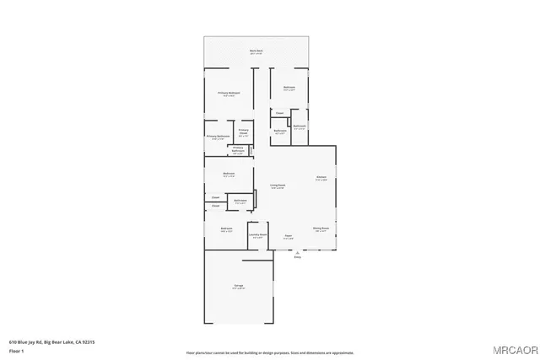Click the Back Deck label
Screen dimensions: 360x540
click(x=256, y=51)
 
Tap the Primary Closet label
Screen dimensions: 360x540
click(x=243, y=132)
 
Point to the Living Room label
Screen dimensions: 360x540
click(x=277, y=185)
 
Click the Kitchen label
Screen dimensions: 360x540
click(x=321, y=178)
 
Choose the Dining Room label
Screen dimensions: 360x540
click(x=321, y=228)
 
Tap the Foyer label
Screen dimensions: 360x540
click(x=288, y=236)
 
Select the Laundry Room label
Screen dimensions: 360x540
click(x=257, y=235)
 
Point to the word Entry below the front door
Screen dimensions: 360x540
click(x=297, y=257)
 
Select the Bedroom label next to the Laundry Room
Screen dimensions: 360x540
click(x=226, y=229)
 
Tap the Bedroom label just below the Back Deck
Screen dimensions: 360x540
click(x=289, y=88)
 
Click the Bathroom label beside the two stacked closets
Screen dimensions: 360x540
click(x=240, y=201)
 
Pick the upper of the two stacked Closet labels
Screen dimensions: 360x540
click(x=216, y=197)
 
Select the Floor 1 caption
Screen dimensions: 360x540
click(x=16, y=350)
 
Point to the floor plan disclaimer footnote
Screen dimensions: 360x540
click(x=269, y=352)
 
